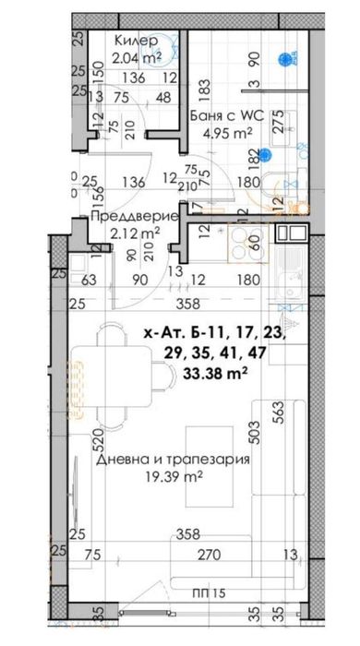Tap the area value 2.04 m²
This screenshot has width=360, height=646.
[x=138, y=58]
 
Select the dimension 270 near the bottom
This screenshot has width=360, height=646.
[x=204, y=554]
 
